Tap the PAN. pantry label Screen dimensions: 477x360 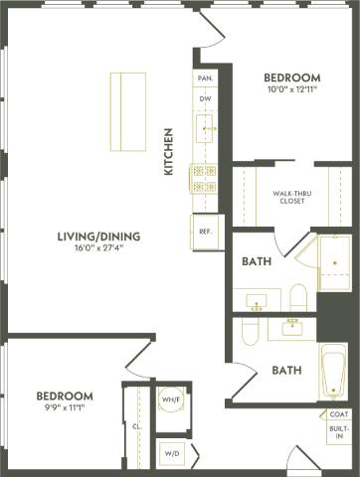[x=206, y=78]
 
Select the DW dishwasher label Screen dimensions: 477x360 [x=206, y=99]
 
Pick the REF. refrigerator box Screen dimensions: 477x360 [x=207, y=232]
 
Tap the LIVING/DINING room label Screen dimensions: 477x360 [x=97, y=237]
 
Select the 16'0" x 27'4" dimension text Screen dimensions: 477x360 [x=97, y=250]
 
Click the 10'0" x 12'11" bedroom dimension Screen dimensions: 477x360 [x=291, y=91]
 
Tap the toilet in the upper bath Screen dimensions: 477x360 [x=297, y=295]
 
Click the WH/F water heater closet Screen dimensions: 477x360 [x=169, y=399]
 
